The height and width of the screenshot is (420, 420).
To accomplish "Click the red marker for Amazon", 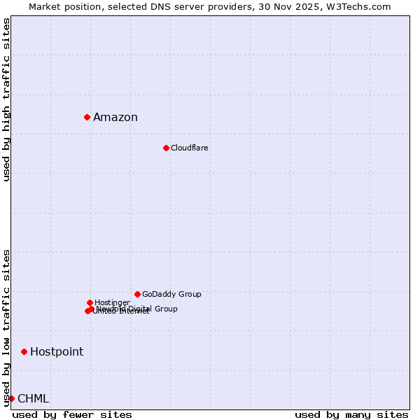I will coord(87,117).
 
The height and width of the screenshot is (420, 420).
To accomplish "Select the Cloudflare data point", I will coord(166,148).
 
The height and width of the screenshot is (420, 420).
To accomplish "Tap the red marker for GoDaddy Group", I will coord(137,294).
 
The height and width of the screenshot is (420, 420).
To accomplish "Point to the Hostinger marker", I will coord(90,302).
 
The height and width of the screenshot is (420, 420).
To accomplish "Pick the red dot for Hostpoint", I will coord(24,351).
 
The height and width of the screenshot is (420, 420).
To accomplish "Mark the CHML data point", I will coord(11,398).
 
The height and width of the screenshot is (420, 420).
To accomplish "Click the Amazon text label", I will coord(115,118).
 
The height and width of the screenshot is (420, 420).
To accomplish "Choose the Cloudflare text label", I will coord(190,148).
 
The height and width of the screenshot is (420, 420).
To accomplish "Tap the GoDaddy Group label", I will coord(171,295).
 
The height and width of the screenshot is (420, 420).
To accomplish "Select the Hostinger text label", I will coord(113,303).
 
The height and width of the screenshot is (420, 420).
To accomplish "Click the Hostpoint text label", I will coord(57,352).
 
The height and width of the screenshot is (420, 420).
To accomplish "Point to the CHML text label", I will coord(34,399).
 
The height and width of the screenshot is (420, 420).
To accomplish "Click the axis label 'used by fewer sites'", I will coord(72,414).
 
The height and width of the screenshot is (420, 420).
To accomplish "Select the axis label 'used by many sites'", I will coord(351,414).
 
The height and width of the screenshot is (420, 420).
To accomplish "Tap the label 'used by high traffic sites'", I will coord(6,99).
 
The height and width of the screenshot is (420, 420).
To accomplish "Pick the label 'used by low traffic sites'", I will coord(6,327).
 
